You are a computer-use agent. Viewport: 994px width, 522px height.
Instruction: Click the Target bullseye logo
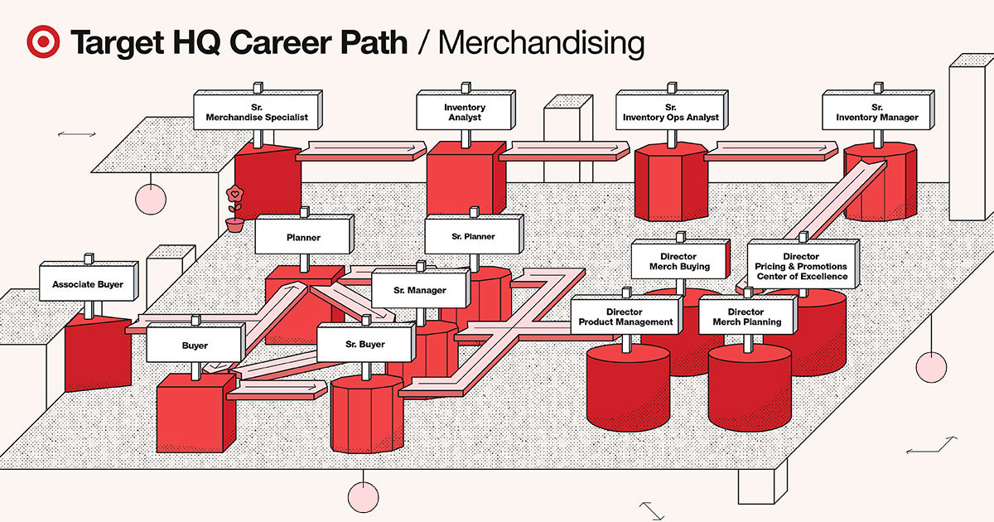[42, 42]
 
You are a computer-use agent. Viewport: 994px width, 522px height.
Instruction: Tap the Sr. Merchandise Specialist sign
[256, 113]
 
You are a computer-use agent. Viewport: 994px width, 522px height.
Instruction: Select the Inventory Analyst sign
[465, 113]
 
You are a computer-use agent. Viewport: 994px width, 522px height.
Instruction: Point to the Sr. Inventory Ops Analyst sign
[670, 113]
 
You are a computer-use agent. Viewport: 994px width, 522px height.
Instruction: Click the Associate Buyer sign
[87, 284]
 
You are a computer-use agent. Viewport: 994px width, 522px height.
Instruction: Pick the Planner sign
[303, 237]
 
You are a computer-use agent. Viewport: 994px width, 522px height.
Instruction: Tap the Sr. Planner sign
[473, 237]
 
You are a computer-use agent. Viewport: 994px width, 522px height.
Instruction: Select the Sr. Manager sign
[420, 290]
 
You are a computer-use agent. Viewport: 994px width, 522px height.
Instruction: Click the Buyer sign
[195, 345]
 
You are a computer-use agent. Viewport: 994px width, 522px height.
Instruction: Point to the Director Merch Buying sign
[679, 262]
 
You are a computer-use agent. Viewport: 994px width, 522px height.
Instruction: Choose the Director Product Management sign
[625, 317]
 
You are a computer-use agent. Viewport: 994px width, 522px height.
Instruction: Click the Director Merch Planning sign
[746, 317]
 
